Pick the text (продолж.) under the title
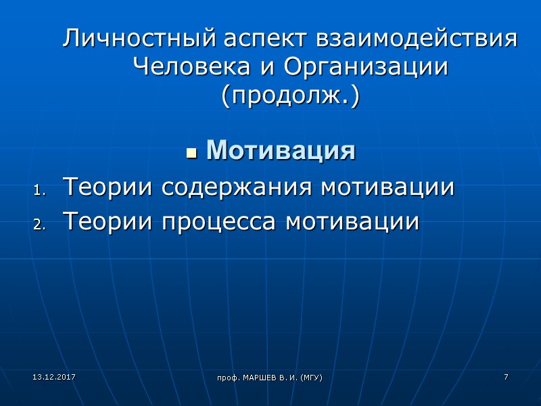(x=290, y=96)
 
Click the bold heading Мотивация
(x=281, y=150)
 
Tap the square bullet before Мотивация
(x=191, y=152)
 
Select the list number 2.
(x=38, y=225)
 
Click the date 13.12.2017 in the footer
(x=44, y=376)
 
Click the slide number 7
(x=505, y=376)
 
